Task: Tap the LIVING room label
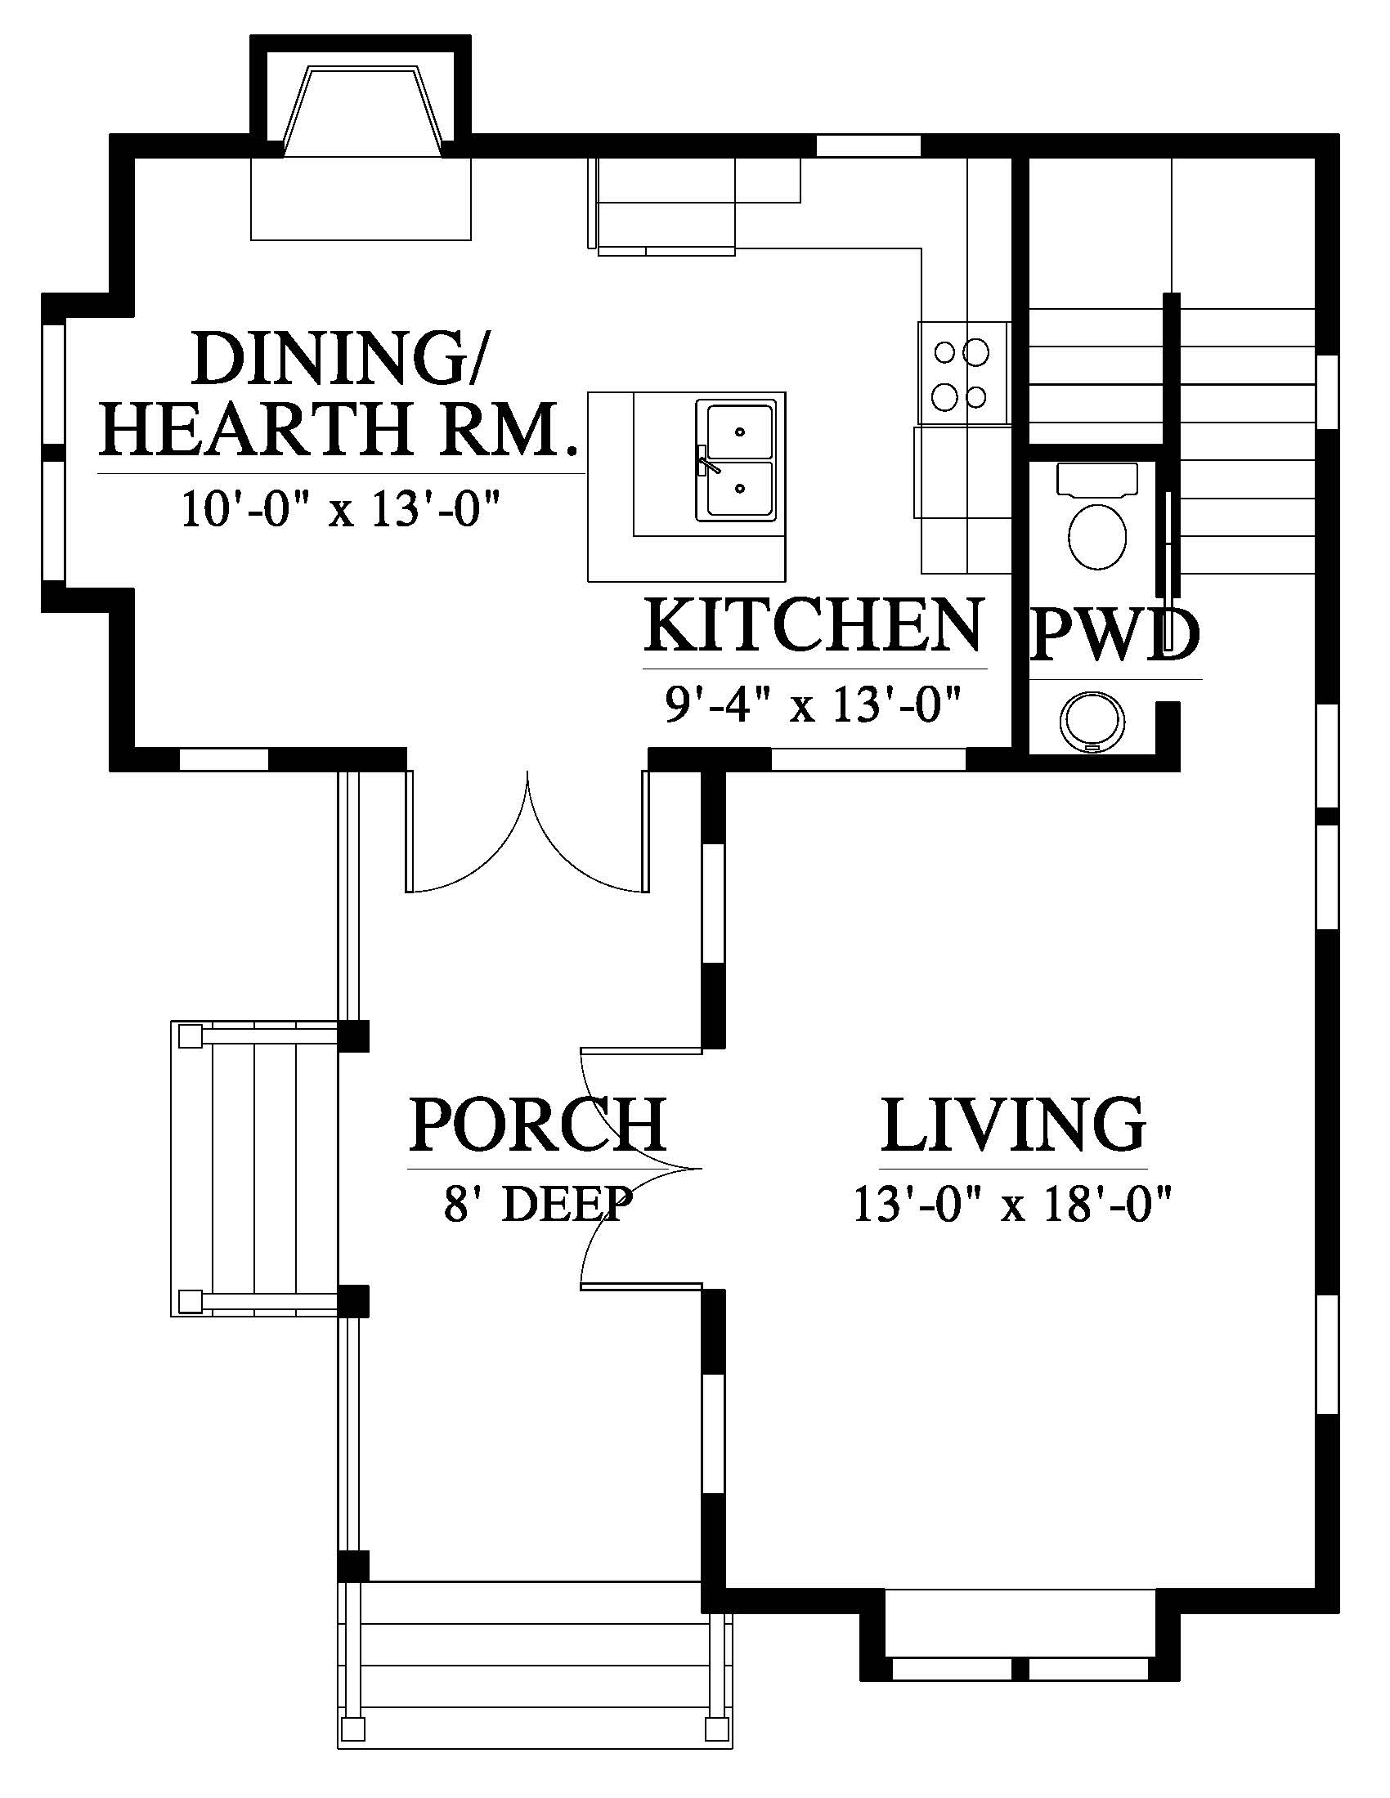(x=1013, y=1124)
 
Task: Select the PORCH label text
(x=538, y=1124)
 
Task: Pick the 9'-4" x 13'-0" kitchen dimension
(x=814, y=705)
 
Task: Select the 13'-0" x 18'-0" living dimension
(x=1012, y=1205)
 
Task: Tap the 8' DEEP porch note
(x=539, y=1204)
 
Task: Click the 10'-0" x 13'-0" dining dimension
(x=341, y=509)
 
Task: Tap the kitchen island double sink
(x=735, y=460)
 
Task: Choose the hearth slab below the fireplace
(x=361, y=199)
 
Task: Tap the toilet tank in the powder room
(x=1096, y=479)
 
